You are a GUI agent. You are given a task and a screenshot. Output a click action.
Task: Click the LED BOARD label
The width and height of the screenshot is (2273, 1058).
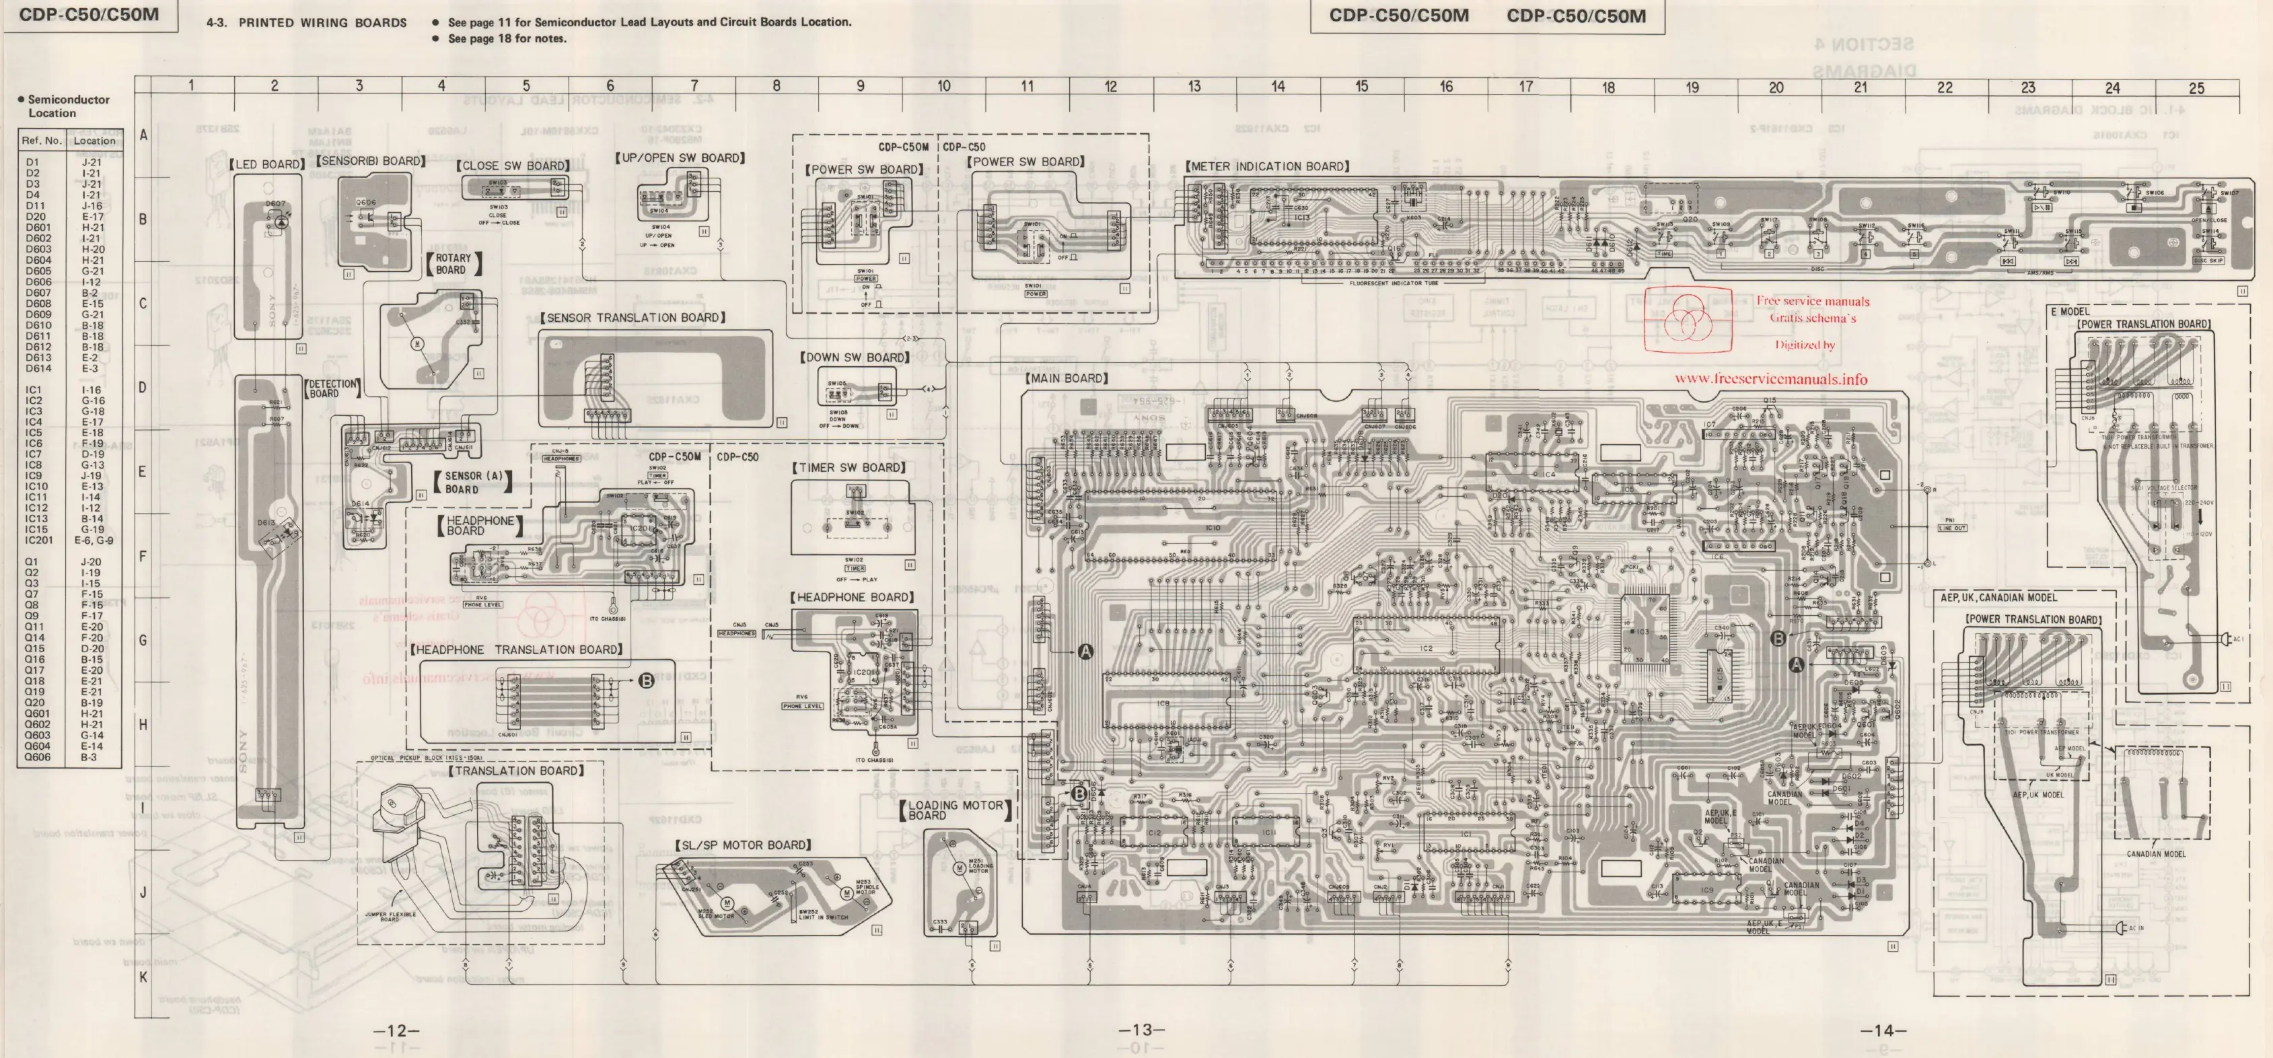(x=266, y=164)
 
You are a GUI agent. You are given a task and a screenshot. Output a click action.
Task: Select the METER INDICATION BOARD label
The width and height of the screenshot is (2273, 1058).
(x=1267, y=166)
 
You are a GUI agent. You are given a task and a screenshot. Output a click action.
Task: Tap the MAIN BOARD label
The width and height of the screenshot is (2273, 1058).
(x=1067, y=378)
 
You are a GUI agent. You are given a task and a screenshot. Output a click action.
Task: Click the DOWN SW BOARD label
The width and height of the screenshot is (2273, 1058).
(x=854, y=357)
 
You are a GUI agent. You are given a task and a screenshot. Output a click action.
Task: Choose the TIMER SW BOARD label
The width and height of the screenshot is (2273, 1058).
(x=849, y=468)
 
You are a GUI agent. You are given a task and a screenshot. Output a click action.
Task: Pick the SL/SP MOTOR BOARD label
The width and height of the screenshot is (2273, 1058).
(x=743, y=845)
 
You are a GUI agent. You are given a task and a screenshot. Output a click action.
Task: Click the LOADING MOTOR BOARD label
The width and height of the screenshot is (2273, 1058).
(x=955, y=810)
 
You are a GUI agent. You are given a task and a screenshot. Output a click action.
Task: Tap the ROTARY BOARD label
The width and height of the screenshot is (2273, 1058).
(x=454, y=264)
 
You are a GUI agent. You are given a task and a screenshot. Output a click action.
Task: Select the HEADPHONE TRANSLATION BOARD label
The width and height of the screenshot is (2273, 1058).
(x=517, y=649)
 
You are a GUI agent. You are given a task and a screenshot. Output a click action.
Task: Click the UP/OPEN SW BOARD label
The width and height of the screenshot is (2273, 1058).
(x=680, y=158)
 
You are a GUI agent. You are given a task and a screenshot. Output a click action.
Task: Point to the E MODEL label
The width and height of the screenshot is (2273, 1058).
(x=2069, y=312)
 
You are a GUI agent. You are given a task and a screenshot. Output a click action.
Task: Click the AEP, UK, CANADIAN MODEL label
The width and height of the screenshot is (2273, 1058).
(x=1998, y=598)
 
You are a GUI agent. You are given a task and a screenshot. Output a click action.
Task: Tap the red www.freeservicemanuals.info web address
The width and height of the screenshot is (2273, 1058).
(x=1770, y=378)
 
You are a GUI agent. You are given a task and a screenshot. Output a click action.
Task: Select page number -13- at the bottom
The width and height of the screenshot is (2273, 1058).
(x=1142, y=1030)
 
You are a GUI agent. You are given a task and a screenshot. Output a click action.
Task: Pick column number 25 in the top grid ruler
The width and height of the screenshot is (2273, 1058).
(x=2196, y=87)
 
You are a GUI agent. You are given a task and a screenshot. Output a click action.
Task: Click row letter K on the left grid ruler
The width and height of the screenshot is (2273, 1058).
(x=143, y=977)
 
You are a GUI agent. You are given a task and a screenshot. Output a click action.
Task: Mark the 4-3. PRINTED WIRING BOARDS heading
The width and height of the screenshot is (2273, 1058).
(x=306, y=22)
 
